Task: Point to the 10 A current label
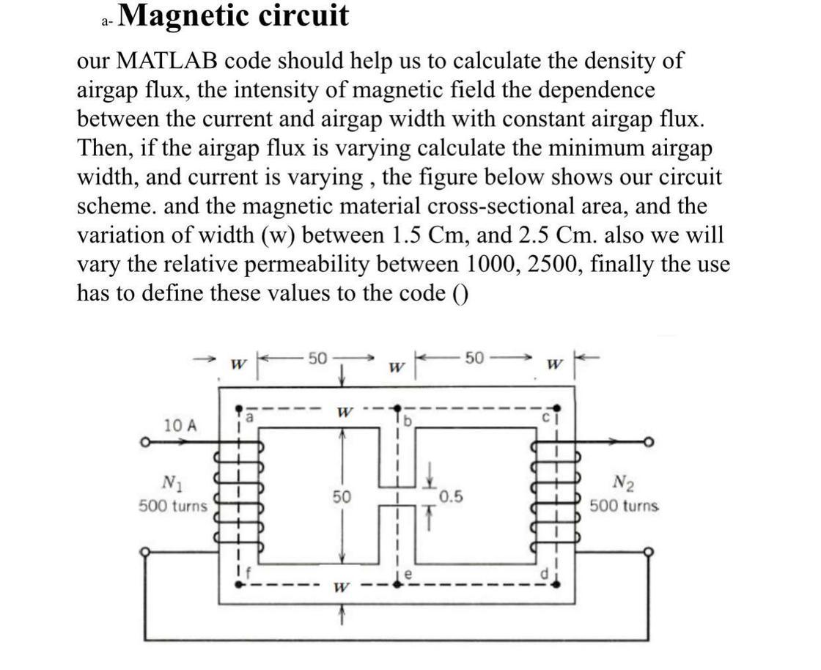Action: (180, 424)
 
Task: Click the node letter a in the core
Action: (250, 415)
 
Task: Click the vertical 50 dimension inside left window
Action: (340, 497)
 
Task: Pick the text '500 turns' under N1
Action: (173, 506)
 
